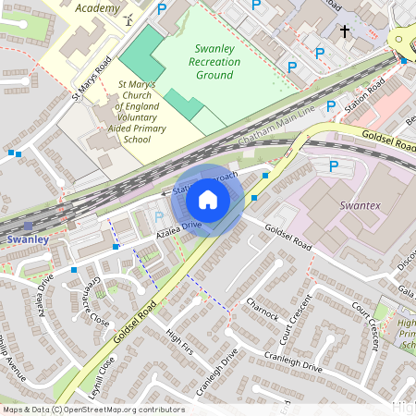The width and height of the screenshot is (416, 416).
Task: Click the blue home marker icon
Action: coord(208,200)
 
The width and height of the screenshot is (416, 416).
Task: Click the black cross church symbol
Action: coord(344,31)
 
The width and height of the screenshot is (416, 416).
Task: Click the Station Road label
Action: coord(362,94)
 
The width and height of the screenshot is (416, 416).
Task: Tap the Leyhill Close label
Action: coord(94,374)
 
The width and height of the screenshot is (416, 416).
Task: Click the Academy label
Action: coord(97,8)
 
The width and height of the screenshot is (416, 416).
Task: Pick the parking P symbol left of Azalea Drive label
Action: coord(159,217)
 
